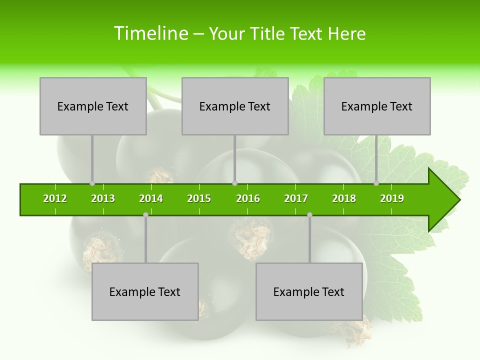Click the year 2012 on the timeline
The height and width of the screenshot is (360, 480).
coord(55,198)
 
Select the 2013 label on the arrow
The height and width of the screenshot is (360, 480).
coord(103,198)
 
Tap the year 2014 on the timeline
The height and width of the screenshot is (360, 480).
coord(151,198)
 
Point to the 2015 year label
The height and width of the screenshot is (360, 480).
coord(199,198)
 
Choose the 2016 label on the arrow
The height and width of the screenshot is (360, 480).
coord(248,198)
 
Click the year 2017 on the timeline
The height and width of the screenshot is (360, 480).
coord(296,198)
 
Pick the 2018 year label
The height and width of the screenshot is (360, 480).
coord(344,198)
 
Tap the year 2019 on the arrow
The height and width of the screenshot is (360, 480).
coord(392,198)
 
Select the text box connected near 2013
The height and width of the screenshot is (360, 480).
coord(93,106)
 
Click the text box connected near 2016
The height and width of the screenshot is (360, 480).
coord(235,106)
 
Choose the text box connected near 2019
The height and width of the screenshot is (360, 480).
coord(377,106)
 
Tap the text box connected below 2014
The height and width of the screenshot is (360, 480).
coord(145,291)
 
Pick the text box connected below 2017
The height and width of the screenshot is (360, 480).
coord(309,291)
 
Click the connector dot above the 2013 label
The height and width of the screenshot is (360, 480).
coord(92,183)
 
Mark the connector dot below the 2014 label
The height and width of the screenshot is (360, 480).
coord(145,214)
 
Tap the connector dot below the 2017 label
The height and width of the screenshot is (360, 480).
coord(309,214)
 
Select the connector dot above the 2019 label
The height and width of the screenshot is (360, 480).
coord(376,183)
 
